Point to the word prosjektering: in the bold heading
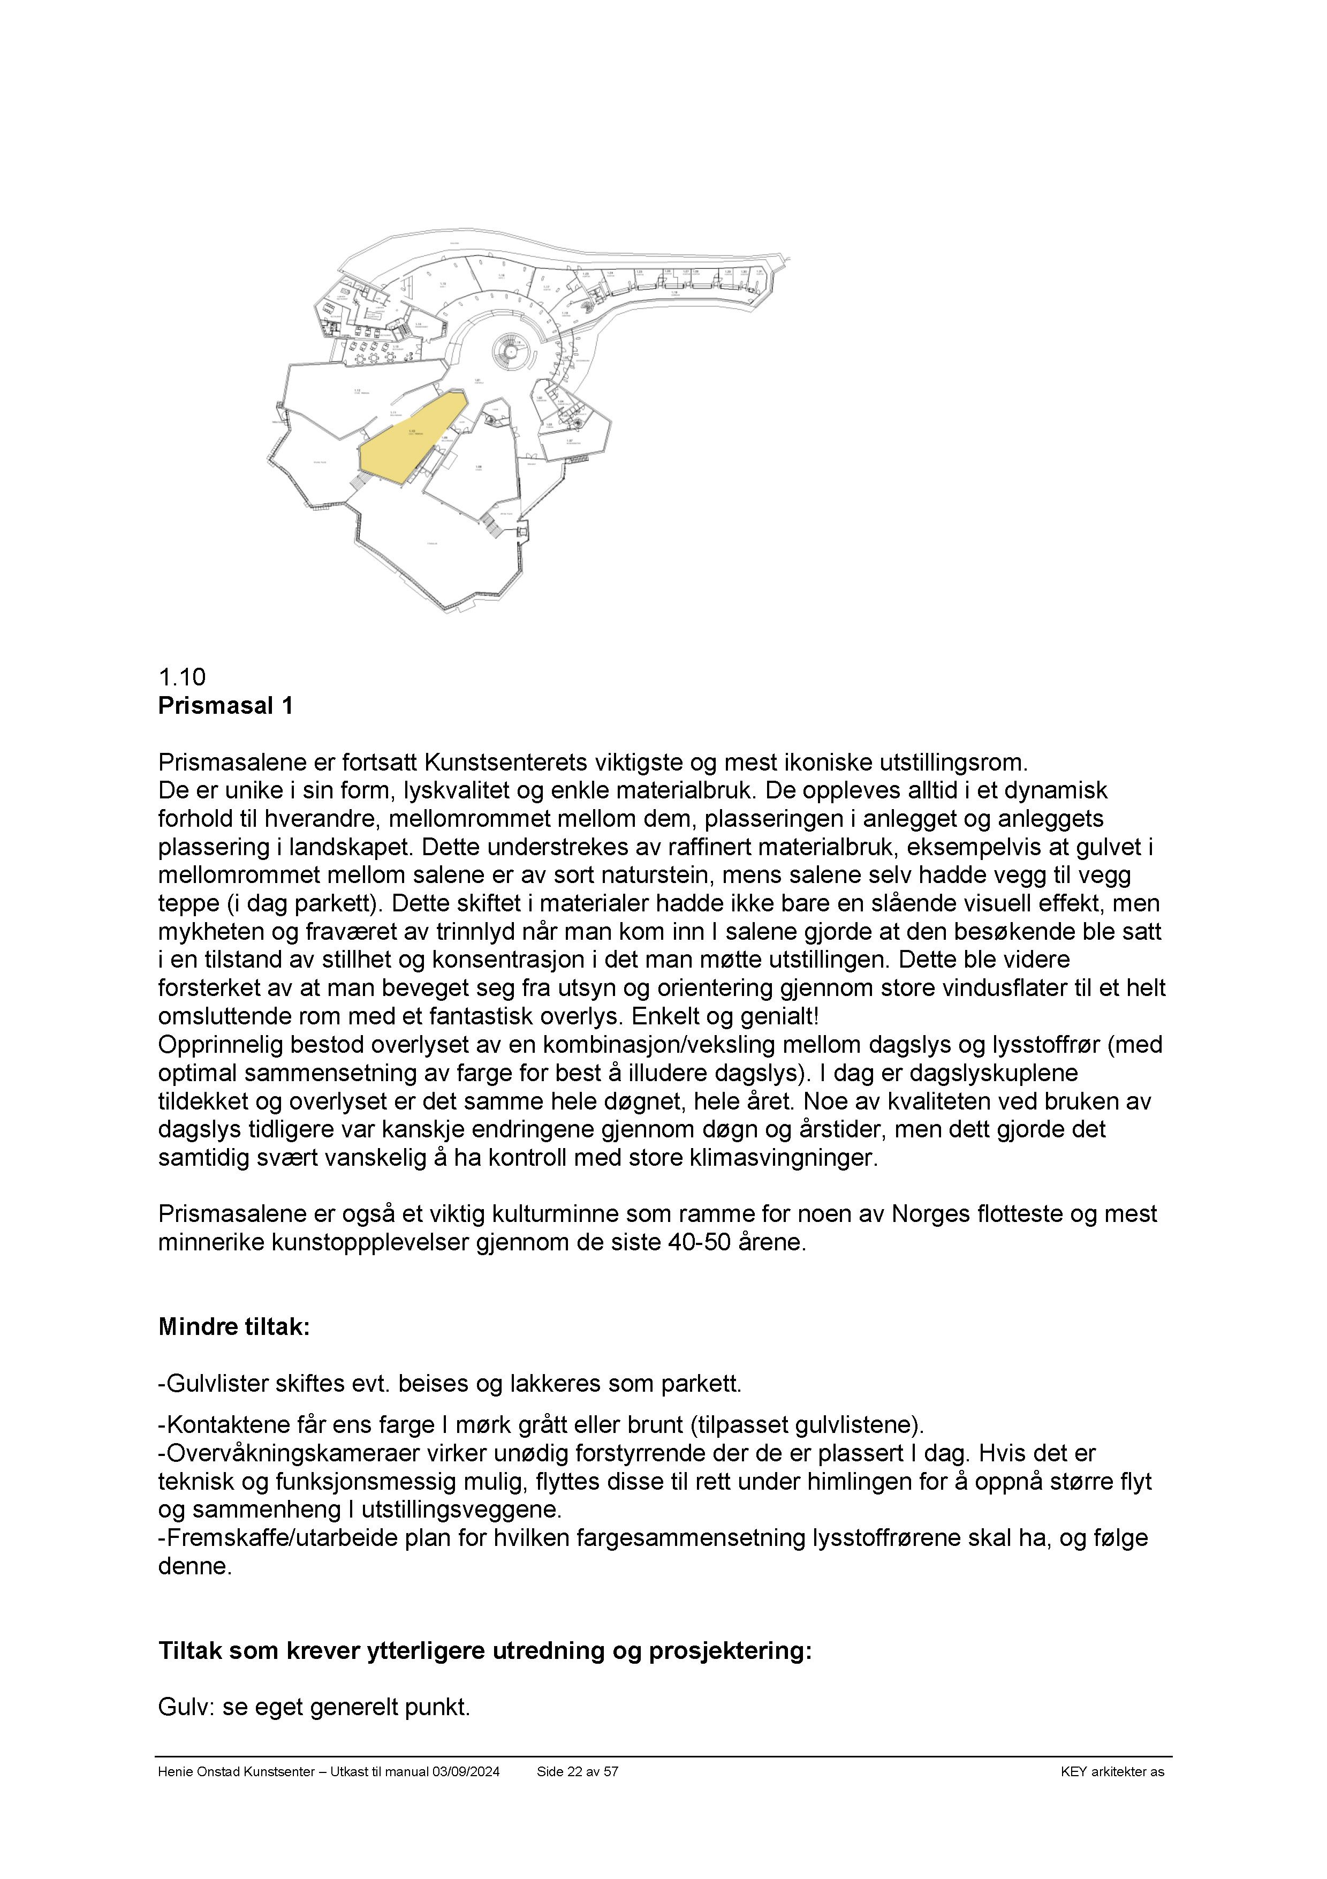(730, 1651)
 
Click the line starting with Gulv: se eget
(314, 1707)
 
